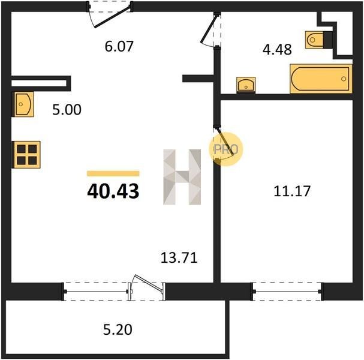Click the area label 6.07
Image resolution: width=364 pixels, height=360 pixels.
pos(119,46)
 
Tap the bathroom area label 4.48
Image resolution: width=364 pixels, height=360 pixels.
pos(277,49)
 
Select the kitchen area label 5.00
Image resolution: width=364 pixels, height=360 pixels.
pos(67,110)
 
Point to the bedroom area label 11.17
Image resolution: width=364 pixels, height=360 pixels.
pos(292,191)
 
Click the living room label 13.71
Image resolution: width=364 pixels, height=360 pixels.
pos(179,258)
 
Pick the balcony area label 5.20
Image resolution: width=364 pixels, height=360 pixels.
pos(118,329)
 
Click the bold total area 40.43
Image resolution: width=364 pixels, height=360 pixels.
pos(113,191)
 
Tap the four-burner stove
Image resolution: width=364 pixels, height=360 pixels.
pos(27,155)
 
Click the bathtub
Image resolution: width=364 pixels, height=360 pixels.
pos(321,79)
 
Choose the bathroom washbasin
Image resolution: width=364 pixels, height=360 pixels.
pos(246,85)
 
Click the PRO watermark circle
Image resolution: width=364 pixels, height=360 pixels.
pos(226,149)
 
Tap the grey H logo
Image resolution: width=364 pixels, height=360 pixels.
pos(182,177)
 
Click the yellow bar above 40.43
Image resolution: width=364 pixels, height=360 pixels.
pos(113,173)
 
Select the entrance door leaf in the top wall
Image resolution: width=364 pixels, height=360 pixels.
pos(112,16)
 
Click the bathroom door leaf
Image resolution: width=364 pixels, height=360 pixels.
pos(209,28)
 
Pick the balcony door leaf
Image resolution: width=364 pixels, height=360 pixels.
pos(149,283)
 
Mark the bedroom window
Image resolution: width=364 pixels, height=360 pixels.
pos(287,292)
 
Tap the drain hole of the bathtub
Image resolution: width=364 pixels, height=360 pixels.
pos(344,79)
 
